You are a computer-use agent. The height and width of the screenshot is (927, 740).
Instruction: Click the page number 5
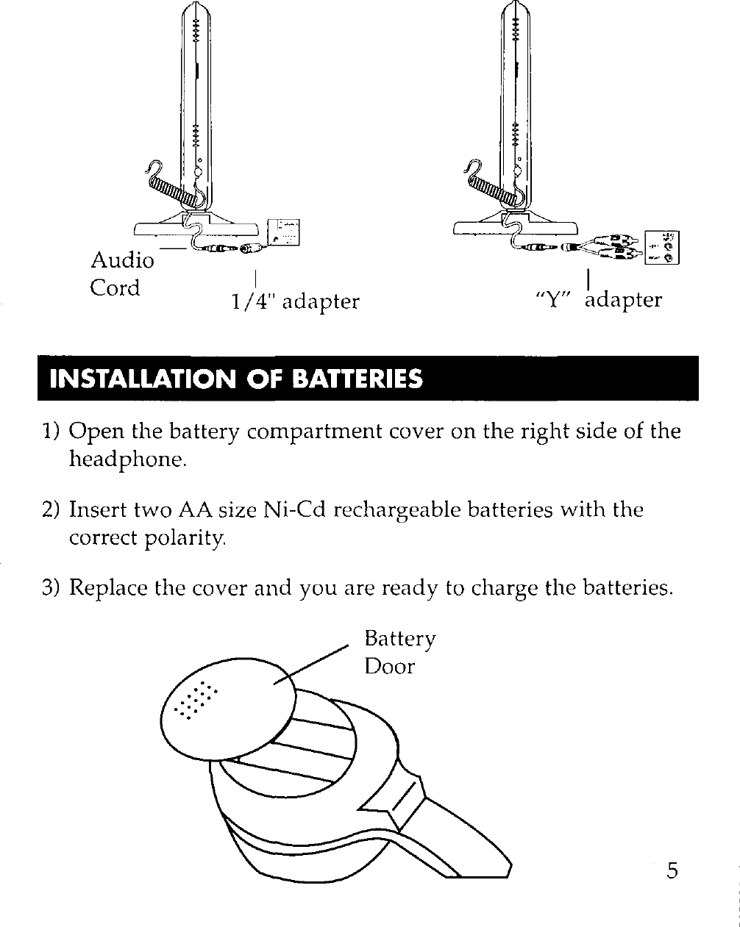tap(672, 871)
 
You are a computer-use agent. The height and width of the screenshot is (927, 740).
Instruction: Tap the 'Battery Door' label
tap(399, 652)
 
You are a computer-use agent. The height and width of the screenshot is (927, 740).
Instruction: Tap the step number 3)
tap(51, 588)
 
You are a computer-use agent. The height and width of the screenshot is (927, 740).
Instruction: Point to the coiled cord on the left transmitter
tap(171, 190)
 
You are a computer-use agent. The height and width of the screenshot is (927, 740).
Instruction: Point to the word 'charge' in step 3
tap(512, 589)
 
